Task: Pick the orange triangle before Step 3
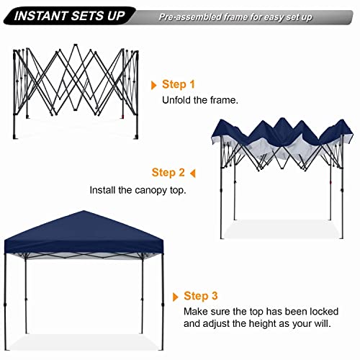point(176,296)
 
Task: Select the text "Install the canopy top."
point(138,191)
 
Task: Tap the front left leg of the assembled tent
point(26,302)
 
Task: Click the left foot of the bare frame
point(17,135)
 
